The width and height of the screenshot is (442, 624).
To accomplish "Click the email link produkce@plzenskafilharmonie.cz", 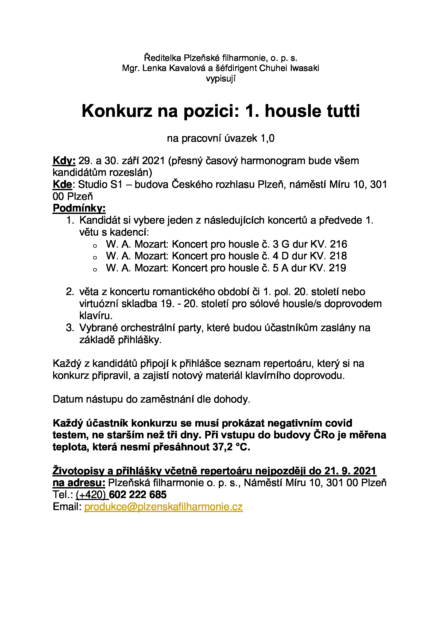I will [163, 507].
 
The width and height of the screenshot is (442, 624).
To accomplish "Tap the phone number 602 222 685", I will [138, 495].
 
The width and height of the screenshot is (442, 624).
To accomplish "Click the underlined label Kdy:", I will [64, 161].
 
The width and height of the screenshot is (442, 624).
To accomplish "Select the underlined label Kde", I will [62, 185].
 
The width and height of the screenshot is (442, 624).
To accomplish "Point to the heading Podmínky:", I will [79, 208].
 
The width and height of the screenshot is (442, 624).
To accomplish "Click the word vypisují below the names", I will [220, 78].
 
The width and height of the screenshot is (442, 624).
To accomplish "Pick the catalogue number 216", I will [338, 244].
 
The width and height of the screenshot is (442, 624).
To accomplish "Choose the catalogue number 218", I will [338, 256].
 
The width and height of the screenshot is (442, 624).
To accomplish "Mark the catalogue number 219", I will [338, 268].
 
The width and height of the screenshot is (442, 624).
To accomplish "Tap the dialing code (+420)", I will [91, 495].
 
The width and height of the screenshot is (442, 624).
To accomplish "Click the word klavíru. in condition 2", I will [96, 316].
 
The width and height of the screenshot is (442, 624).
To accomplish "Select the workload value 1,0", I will [267, 138].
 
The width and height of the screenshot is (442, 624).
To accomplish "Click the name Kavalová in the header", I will [187, 68].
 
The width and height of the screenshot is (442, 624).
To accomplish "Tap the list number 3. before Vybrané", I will [70, 328].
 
